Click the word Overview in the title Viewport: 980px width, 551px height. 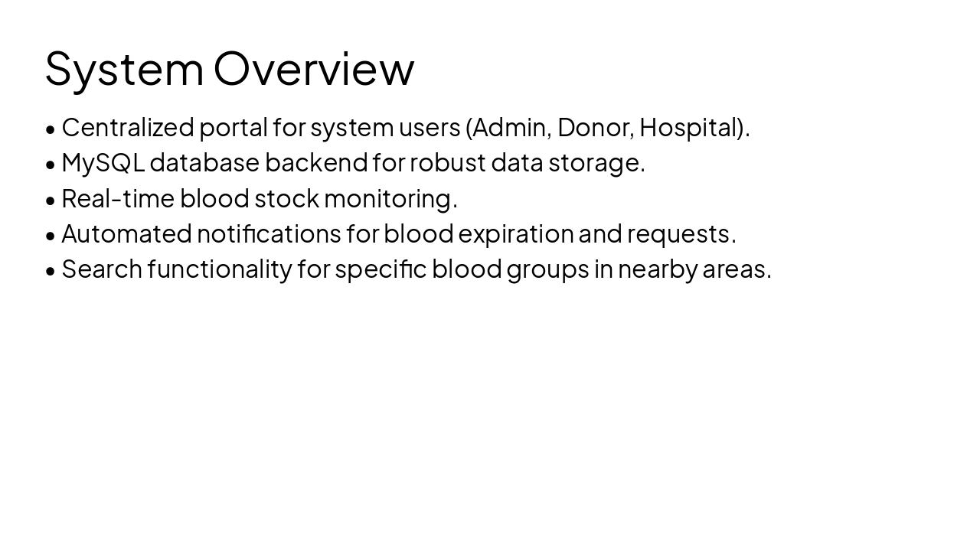coord(314,68)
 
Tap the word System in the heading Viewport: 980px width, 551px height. coord(124,68)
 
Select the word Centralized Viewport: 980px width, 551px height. coord(128,127)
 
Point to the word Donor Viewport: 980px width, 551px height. coord(595,127)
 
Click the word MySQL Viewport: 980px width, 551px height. coord(103,162)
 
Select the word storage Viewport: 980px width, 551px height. coord(594,162)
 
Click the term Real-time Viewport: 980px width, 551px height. coord(118,198)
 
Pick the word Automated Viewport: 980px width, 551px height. coord(126,233)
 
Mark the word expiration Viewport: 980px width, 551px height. coord(515,233)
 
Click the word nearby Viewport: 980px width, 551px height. coord(658,269)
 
